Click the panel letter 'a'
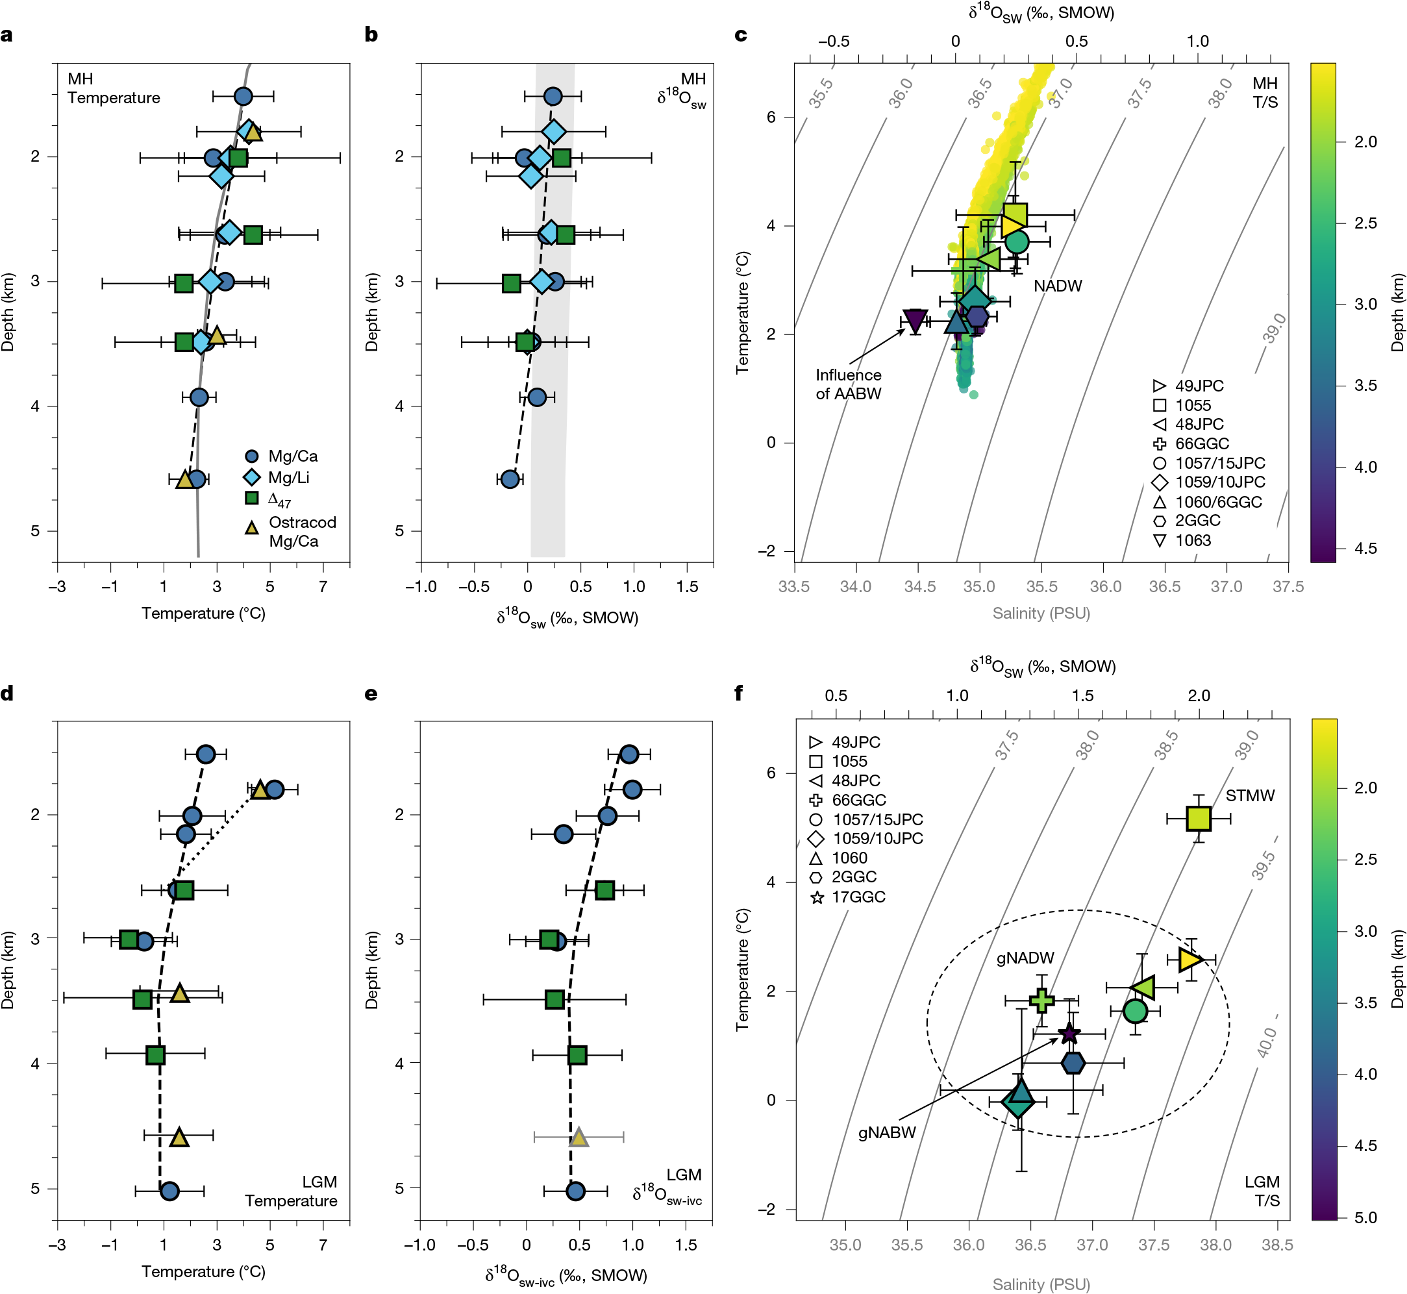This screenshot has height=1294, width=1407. [6, 34]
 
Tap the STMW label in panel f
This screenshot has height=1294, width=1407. [1249, 795]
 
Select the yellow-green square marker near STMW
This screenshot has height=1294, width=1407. [1199, 818]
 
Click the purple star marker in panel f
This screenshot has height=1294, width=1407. [1069, 1033]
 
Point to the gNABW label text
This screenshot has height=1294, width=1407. [887, 1132]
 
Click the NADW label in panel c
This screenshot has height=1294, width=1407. [1058, 286]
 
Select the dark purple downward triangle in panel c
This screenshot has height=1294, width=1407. [915, 320]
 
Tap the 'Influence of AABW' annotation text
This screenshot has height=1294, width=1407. [848, 384]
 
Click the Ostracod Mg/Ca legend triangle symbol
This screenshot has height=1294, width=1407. [251, 527]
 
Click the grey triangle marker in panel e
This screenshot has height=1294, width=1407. [578, 1137]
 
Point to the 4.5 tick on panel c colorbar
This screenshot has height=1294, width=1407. [1365, 548]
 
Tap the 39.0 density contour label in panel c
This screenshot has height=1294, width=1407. [1275, 328]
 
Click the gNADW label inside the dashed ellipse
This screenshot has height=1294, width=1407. [1025, 958]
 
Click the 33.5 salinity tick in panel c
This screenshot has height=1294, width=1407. [793, 586]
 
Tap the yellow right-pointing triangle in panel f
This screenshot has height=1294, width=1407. [1189, 959]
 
